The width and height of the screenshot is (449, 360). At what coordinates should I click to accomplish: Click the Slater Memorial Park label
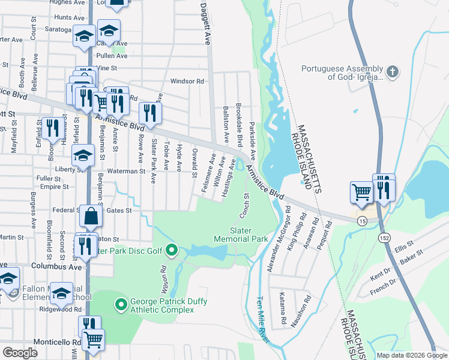click(240, 235)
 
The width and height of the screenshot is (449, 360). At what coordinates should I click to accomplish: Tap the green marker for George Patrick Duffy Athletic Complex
click(120, 305)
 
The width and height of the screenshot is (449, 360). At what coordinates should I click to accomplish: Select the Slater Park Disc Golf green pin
click(171, 250)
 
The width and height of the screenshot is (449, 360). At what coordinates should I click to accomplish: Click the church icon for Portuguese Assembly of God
click(392, 73)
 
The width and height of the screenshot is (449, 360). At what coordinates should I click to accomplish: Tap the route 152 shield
click(382, 238)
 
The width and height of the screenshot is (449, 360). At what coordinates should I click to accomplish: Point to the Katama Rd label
click(282, 305)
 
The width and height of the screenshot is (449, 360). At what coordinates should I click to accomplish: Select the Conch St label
click(245, 205)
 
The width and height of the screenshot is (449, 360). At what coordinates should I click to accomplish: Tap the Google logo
click(20, 353)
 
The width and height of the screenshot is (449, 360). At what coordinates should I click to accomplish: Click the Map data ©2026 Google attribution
click(412, 355)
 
